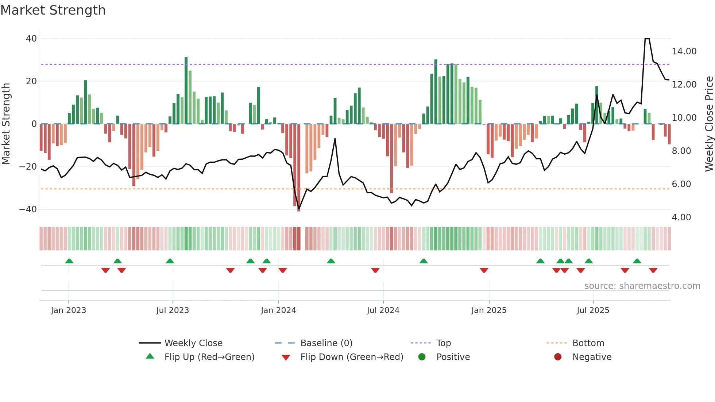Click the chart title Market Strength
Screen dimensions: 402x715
(53, 10)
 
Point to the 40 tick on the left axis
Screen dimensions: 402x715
(31, 39)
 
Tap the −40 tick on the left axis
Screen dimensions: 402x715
(28, 209)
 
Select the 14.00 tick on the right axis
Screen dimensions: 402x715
(684, 51)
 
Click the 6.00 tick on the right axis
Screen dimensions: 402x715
(681, 184)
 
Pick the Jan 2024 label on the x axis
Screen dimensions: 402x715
(278, 310)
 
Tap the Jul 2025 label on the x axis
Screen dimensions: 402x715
(593, 310)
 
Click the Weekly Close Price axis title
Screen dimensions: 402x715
(709, 124)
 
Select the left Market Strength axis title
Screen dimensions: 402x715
(6, 124)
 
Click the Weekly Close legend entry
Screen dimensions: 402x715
(193, 343)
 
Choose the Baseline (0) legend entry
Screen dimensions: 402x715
(326, 343)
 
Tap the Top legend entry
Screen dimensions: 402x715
(444, 343)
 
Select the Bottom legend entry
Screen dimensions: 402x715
(588, 343)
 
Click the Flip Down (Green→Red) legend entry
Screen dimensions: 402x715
(352, 357)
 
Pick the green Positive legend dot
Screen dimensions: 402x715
(422, 357)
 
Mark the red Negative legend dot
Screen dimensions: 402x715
(558, 357)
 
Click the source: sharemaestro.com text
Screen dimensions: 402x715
(642, 286)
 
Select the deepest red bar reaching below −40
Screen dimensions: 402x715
(299, 168)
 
